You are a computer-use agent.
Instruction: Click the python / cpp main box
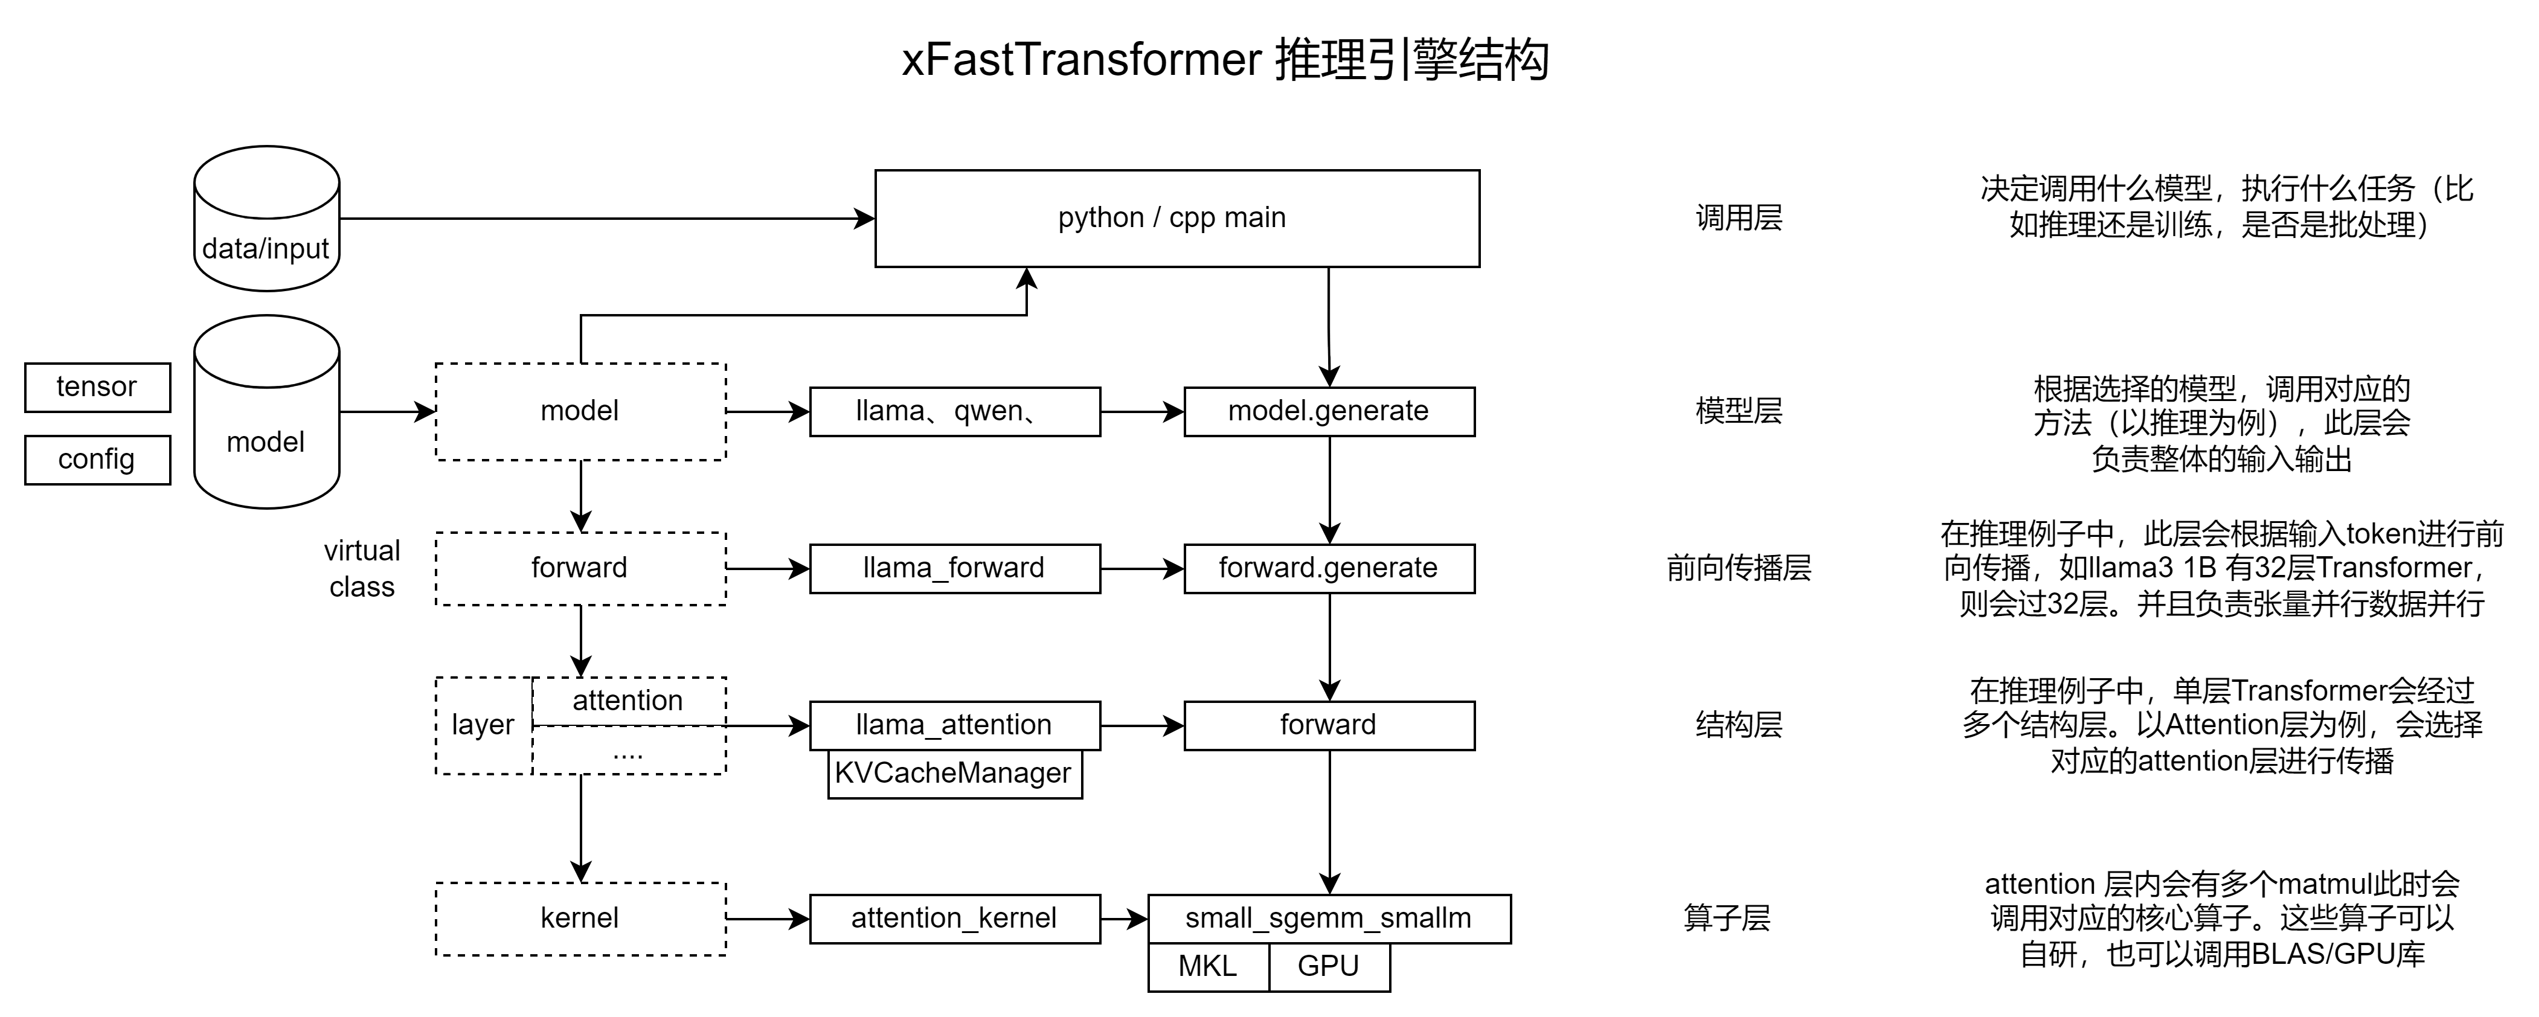[1177, 218]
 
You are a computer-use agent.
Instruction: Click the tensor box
[97, 387]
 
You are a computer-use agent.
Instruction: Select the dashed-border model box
[580, 411]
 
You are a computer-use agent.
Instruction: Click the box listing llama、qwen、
[954, 411]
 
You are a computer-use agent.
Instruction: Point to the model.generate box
[1329, 411]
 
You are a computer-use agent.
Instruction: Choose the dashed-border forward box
[580, 569]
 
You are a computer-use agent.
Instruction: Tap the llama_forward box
[954, 569]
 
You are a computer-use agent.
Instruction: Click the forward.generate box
[1329, 569]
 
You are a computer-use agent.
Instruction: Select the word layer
[483, 725]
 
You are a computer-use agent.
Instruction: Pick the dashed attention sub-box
[628, 701]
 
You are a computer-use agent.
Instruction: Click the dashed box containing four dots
[628, 751]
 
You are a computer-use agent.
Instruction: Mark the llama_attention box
[954, 725]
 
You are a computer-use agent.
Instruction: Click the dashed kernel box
[580, 919]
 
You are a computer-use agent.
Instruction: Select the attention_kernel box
[954, 919]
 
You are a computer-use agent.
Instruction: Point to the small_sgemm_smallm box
[1329, 919]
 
